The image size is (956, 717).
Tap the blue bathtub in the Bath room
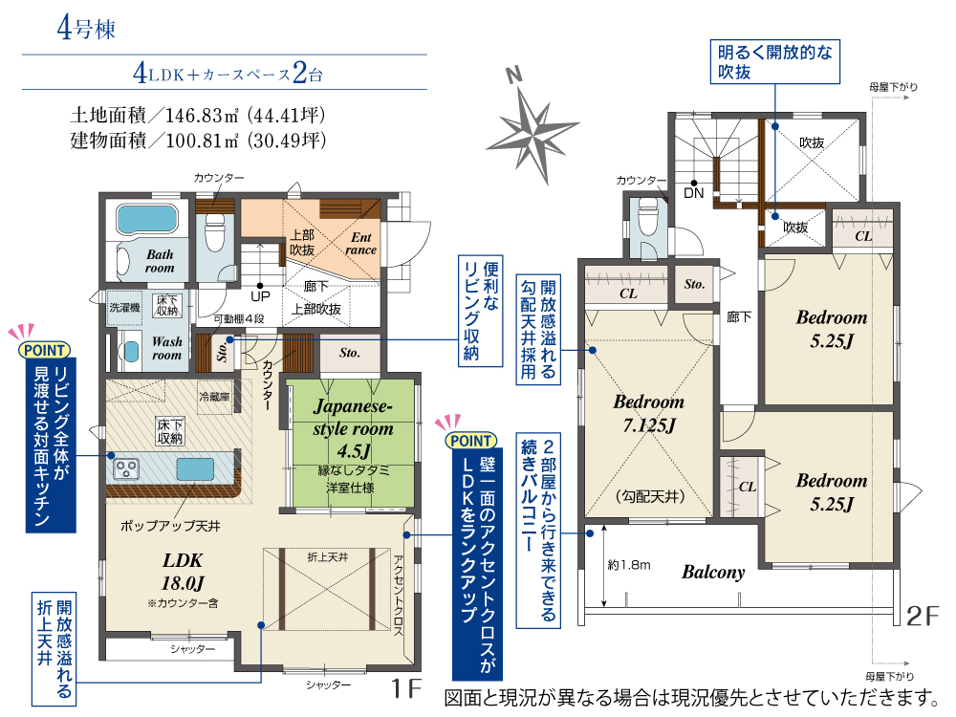[146, 219]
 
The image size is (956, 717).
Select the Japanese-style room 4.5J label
[353, 428]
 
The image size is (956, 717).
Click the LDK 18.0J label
[183, 572]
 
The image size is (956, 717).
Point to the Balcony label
[713, 572]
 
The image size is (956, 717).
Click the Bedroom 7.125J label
[649, 413]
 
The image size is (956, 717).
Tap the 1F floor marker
[406, 687]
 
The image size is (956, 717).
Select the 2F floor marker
[923, 616]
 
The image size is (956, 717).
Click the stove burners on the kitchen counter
[126, 468]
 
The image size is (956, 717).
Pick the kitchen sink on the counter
[195, 469]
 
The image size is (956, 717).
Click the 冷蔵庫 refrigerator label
[214, 397]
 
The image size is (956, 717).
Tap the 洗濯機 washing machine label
[124, 307]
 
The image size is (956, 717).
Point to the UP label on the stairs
[260, 296]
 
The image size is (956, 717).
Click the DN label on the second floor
[694, 193]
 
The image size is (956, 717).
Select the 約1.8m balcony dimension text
[629, 565]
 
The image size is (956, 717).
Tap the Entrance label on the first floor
[361, 243]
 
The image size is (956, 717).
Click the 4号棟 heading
[86, 28]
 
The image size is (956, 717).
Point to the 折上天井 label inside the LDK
[327, 557]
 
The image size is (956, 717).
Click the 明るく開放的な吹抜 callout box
[775, 61]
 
